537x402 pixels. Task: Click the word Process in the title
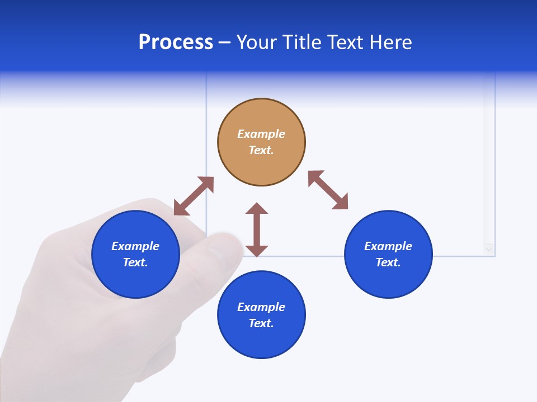(176, 42)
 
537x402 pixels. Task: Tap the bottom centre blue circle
(261, 341)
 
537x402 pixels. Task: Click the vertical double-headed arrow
(257, 229)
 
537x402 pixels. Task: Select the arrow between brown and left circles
(194, 196)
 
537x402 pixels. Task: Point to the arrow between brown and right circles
(328, 190)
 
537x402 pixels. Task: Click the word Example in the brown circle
(261, 134)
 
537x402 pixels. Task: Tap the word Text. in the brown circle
(261, 150)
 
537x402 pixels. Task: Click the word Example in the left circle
(135, 246)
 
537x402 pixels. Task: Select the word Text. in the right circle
(388, 262)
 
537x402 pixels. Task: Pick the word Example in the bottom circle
(261, 307)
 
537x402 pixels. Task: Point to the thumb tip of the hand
(229, 246)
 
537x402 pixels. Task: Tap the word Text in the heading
(347, 42)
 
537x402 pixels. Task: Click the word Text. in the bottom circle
(261, 323)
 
